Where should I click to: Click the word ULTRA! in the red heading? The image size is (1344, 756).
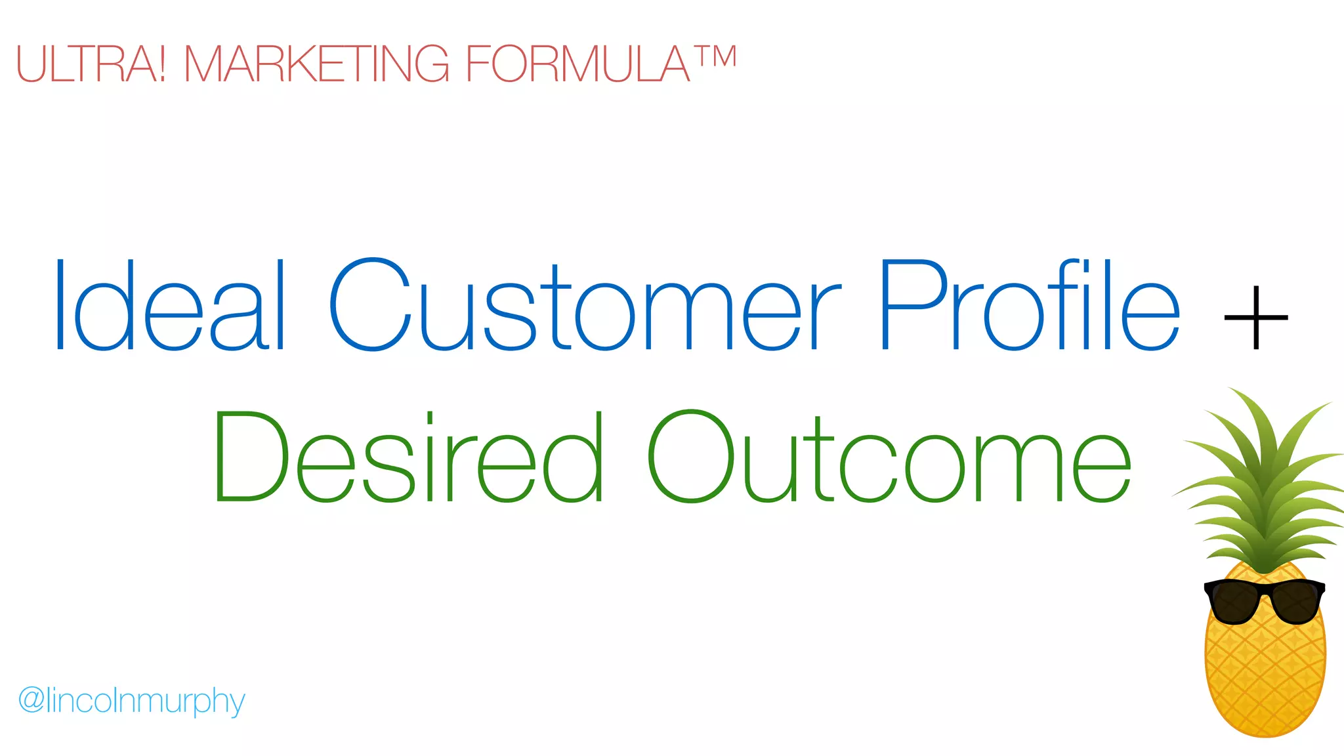[91, 64]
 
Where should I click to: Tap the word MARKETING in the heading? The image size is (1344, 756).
[316, 64]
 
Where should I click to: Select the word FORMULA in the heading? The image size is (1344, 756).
[577, 64]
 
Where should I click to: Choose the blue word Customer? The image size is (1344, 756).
[584, 306]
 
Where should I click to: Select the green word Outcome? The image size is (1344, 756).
[889, 457]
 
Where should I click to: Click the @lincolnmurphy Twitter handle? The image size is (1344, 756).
[131, 701]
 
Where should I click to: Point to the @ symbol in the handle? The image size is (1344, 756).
[31, 700]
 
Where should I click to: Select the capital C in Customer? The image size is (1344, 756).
[369, 304]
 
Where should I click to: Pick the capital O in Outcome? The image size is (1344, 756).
[690, 457]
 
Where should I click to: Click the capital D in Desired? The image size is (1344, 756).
[249, 457]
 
